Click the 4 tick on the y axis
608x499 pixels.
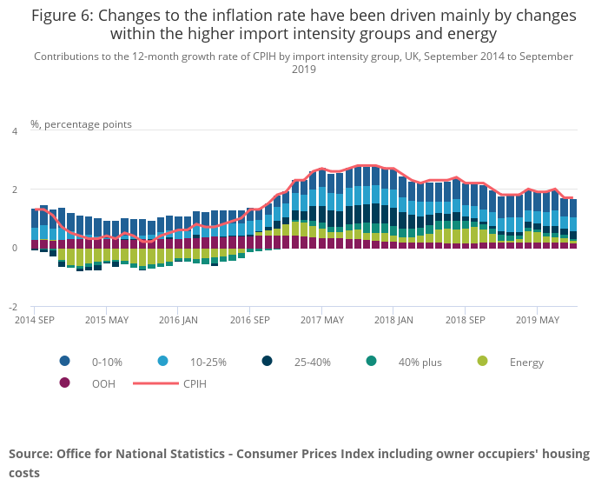[14, 131]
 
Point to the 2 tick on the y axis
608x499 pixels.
[14, 190]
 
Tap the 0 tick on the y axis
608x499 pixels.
[14, 248]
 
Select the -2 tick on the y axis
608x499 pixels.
[12, 307]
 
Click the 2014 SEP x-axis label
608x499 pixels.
[35, 320]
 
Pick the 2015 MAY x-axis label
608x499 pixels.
[106, 320]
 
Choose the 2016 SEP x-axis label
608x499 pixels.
[249, 320]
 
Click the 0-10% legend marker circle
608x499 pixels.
[64, 362]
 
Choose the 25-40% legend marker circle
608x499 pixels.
[267, 362]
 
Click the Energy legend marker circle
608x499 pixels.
[484, 362]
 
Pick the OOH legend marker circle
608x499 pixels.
[64, 383]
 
